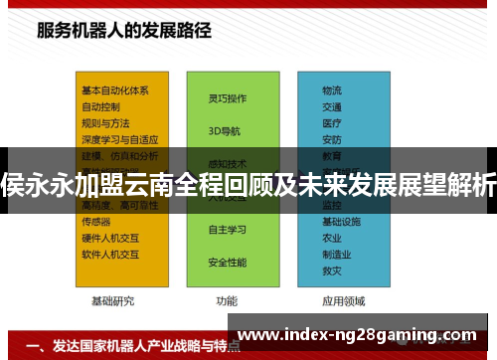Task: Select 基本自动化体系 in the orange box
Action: coord(115,90)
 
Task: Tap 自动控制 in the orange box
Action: coord(101,106)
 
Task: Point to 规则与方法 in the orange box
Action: coord(105,123)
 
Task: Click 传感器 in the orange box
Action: coord(97,222)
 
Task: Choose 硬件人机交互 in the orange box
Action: coord(109,238)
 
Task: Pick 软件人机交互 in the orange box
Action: coord(109,254)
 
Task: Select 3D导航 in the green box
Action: coord(224,131)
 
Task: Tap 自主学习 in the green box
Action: coord(227,230)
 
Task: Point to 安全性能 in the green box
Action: coord(227,262)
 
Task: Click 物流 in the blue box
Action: coord(332,90)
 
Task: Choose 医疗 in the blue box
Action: coord(332,123)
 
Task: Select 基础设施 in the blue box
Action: coord(341,222)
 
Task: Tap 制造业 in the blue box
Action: coord(337,254)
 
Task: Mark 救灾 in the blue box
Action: coord(332,270)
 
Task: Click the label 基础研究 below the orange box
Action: coord(112,300)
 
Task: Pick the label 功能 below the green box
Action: coord(227,300)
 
